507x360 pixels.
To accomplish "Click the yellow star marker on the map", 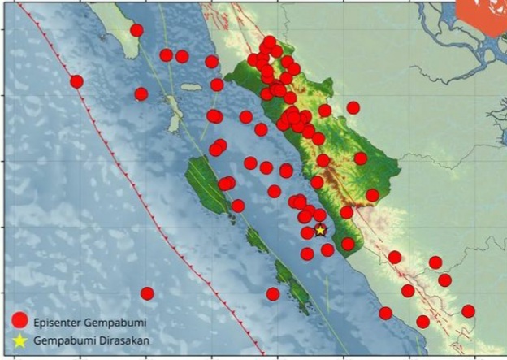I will [320, 230].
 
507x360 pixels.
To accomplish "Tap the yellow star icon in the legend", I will [20, 340].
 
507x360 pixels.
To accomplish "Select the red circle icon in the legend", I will [20, 322].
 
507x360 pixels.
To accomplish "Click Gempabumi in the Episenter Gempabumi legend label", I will [117, 323].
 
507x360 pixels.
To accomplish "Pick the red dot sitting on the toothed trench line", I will [76, 81].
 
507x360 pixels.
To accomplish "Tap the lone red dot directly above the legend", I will [147, 293].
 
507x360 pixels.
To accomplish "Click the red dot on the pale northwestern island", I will [136, 31].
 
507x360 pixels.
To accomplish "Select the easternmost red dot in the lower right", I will [468, 311].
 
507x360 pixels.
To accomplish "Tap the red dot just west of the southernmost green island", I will [273, 293].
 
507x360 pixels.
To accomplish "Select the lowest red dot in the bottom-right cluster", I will [422, 322].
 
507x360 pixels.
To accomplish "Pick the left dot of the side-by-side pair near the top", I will [167, 55].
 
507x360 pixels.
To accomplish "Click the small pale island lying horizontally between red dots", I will [190, 87].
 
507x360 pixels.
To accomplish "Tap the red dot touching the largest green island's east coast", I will [226, 184].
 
